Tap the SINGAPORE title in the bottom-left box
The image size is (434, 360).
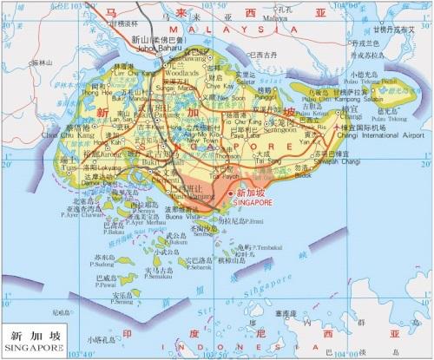34,347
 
